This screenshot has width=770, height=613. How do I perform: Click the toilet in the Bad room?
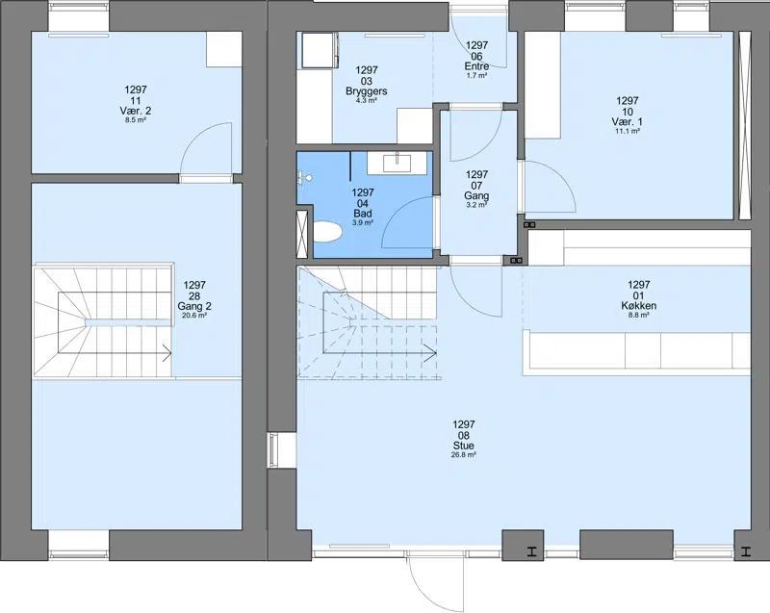point(327,232)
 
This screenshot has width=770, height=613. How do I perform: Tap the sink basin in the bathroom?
point(397,162)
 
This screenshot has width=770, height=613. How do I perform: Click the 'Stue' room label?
point(464,446)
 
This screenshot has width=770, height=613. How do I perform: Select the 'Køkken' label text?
point(638,306)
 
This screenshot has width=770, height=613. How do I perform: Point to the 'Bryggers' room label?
point(367,91)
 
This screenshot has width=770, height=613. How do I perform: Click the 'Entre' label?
point(476,66)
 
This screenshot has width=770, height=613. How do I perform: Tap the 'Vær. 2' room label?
point(136,111)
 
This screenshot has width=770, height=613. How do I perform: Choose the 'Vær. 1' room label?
point(628,121)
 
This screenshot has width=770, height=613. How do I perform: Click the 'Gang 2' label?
point(194,307)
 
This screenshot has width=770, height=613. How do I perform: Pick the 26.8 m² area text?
point(464,455)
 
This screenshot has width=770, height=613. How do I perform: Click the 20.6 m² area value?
point(194,316)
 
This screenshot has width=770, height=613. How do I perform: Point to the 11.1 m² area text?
point(628,131)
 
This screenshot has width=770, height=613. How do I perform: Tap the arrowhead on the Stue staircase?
point(432,353)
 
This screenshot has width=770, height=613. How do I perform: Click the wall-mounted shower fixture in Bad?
point(303,177)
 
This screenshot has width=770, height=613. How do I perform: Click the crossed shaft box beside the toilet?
point(302,234)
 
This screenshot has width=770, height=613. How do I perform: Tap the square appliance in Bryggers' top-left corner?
point(318,50)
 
